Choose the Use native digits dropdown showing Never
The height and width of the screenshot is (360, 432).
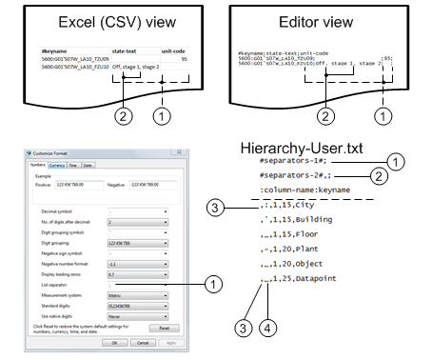click(138, 313)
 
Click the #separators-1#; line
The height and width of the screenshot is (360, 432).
click(291, 162)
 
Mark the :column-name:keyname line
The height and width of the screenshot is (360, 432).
click(303, 189)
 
